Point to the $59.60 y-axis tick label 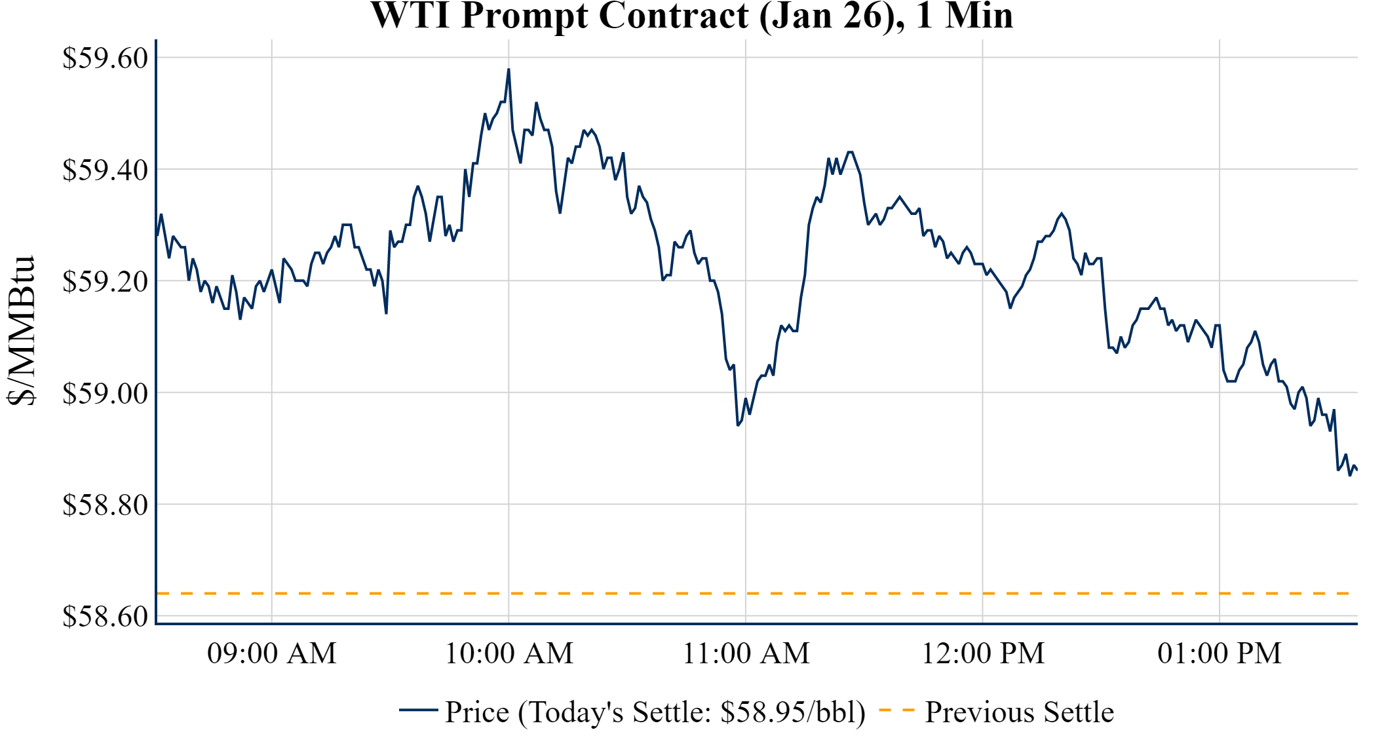105,58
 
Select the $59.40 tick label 105,170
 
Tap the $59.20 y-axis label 105,281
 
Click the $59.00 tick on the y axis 105,393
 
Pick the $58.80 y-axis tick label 105,505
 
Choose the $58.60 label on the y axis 105,616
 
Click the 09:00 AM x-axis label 272,653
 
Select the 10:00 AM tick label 509,653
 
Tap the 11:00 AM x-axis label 746,653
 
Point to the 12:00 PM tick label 983,653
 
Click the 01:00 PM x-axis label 1220,653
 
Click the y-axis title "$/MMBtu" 21,331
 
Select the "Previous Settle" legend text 1019,712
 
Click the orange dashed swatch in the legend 896,710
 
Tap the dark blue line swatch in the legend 418,710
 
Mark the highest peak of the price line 509,69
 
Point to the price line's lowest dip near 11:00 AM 738,425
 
